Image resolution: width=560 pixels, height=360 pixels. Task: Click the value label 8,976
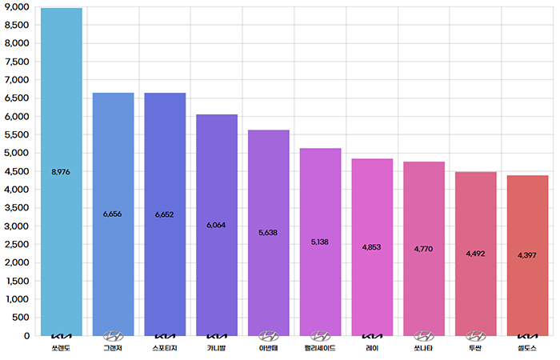[62, 172]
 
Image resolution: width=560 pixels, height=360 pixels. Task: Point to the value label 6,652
[165, 214]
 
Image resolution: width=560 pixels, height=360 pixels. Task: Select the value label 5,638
[269, 233]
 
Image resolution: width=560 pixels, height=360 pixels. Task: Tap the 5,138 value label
[320, 242]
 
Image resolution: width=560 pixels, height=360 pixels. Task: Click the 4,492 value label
[476, 254]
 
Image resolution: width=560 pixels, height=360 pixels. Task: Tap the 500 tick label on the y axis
[22, 318]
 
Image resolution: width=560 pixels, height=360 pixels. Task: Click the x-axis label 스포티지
[165, 349]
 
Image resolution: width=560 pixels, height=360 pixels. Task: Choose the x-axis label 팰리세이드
[320, 349]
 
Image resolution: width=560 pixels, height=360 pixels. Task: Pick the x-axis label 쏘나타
[424, 349]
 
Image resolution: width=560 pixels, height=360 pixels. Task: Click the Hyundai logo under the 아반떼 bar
[269, 337]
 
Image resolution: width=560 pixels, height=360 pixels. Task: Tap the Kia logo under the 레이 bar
[372, 337]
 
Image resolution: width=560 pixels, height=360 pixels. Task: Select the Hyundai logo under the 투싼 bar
[476, 337]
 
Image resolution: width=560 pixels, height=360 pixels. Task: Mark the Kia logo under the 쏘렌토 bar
[62, 337]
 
